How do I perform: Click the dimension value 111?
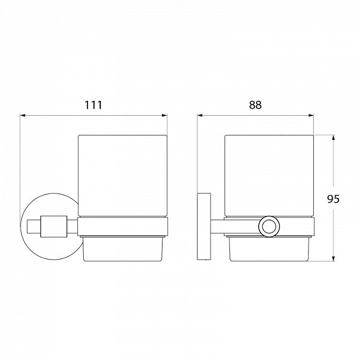click(94, 105)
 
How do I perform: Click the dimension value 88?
click(255, 105)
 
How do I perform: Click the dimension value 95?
click(333, 199)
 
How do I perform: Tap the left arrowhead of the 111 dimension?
click(23, 115)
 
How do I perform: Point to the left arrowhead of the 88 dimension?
click(200, 115)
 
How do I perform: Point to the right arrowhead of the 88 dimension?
click(311, 115)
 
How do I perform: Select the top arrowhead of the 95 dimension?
click(333, 138)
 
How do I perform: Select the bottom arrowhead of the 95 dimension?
click(333, 259)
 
